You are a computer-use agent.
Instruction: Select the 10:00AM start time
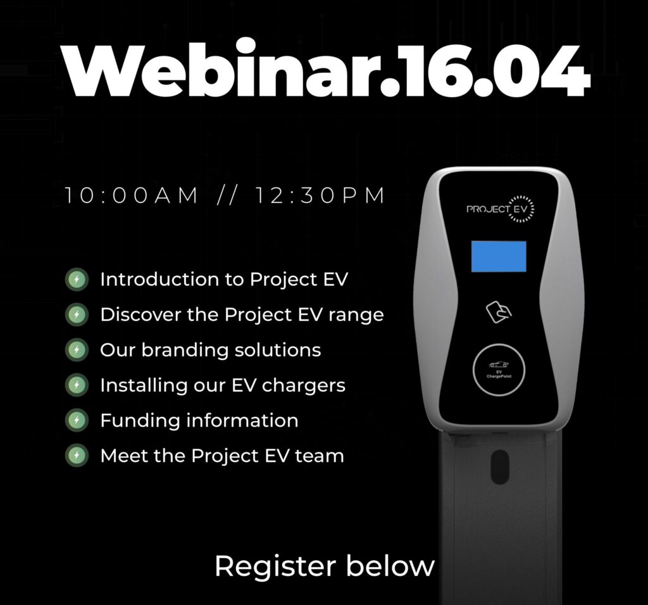(132, 196)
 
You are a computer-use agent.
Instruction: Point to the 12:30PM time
(320, 196)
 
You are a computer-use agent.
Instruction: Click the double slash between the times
(227, 196)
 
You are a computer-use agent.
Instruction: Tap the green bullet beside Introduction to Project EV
(77, 280)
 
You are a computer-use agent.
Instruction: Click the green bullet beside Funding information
(77, 421)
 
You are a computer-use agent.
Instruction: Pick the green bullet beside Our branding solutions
(77, 350)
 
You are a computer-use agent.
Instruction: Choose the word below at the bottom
(390, 566)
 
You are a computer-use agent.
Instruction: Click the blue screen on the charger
(499, 257)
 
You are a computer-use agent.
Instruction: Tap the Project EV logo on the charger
(501, 209)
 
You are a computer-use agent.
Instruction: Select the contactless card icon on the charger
(499, 312)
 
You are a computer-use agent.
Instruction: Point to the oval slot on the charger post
(500, 466)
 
